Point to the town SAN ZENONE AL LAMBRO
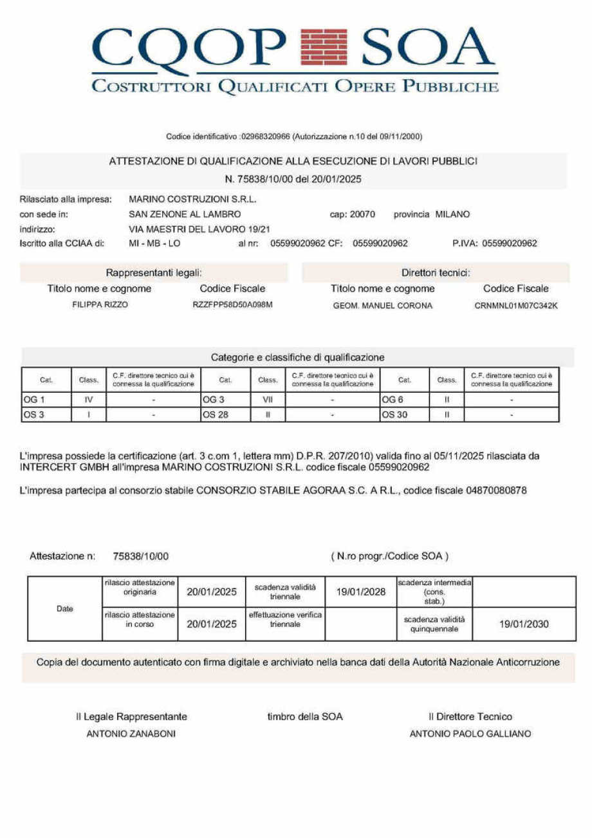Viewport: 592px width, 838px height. coord(185,214)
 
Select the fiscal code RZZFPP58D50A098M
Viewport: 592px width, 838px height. coord(232,304)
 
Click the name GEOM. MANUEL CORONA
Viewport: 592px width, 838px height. coord(382,305)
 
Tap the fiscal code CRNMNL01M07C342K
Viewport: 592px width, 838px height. coord(515,305)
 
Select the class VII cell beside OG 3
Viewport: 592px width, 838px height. coord(268,400)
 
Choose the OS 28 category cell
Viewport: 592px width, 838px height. coord(225,414)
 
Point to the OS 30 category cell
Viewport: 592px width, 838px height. coord(404,414)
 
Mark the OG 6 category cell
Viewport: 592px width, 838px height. coord(404,400)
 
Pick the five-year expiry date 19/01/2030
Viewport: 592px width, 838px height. coord(524,624)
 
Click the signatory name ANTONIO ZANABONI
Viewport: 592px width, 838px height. coord(131,734)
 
